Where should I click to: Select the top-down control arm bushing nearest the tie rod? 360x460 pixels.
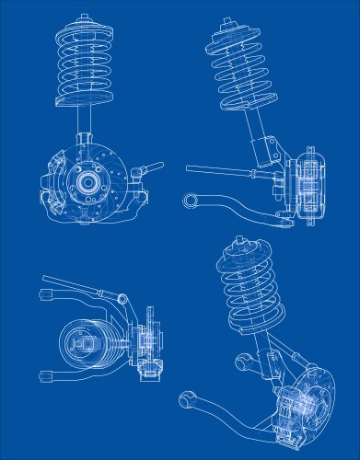[x=44, y=293]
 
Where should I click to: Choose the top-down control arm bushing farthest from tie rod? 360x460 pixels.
[x=42, y=376]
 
